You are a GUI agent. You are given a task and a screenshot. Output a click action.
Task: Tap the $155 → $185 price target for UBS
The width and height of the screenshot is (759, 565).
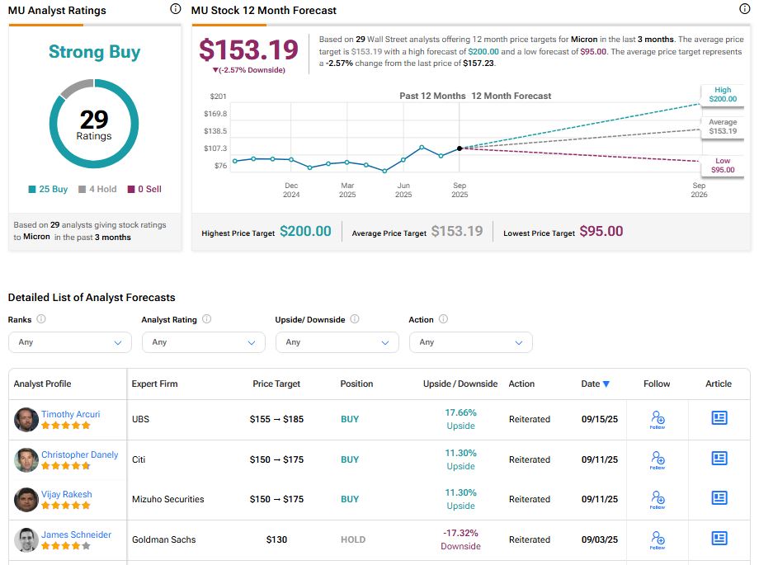pos(276,419)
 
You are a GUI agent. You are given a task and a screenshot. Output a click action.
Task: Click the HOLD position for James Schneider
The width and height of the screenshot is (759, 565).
pos(353,540)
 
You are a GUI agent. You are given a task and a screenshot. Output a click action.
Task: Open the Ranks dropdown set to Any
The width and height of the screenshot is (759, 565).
pos(69,342)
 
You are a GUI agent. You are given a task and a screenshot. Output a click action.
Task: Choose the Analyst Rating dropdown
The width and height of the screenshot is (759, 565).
pos(203,342)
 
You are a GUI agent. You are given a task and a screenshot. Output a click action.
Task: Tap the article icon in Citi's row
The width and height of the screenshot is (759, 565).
pos(719,459)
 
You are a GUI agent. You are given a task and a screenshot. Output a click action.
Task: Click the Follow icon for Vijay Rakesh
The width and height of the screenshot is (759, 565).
pos(657,498)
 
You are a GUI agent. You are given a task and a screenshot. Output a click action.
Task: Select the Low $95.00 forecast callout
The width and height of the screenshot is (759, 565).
pos(722,166)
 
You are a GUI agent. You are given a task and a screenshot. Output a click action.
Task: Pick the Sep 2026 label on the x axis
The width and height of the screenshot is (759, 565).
pos(698,191)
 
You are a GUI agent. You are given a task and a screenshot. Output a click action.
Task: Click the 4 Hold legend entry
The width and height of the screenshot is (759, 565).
pos(97,189)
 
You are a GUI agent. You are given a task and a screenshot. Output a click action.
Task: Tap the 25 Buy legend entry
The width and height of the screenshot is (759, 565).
pos(48,189)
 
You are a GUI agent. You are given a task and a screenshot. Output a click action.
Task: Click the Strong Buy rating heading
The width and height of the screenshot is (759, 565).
pos(94,52)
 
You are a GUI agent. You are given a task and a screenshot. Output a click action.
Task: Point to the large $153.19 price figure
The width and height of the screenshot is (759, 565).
pos(248,50)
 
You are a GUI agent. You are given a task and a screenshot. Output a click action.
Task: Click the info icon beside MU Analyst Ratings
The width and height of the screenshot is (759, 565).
pos(175,9)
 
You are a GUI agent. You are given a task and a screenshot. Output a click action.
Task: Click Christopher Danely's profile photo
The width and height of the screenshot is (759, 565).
pos(26,459)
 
